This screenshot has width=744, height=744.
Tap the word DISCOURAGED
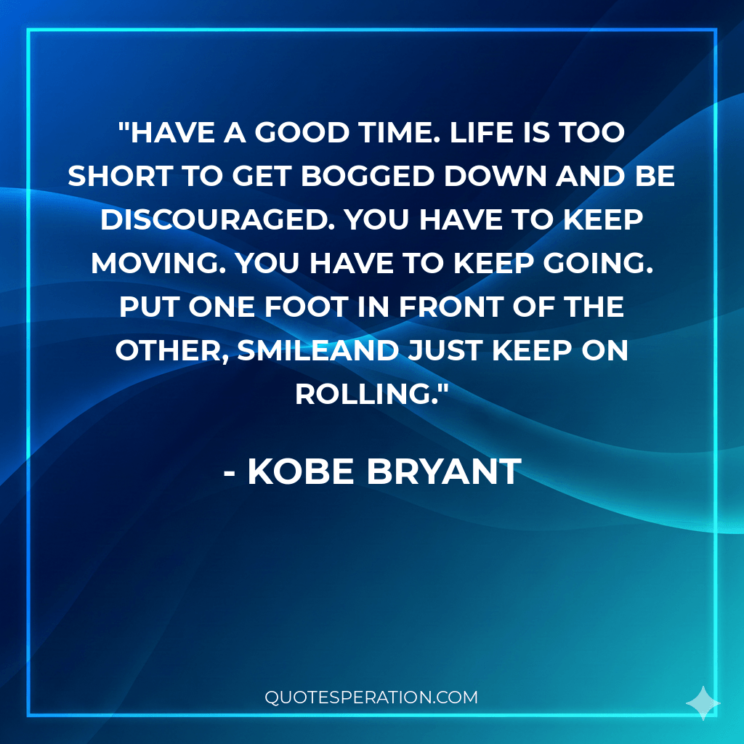(x=217, y=219)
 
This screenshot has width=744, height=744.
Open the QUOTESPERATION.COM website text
(x=371, y=697)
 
